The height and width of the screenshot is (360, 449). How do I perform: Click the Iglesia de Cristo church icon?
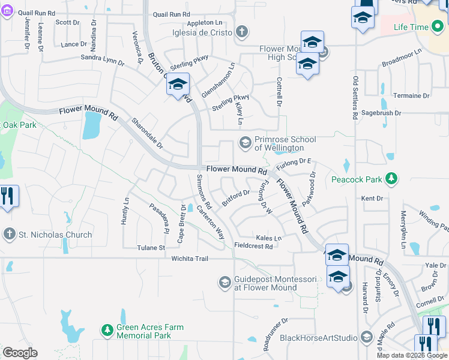coord(241,31)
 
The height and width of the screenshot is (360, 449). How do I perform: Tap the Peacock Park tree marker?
coord(391,179)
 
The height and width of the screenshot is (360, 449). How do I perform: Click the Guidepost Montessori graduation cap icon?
coord(224,282)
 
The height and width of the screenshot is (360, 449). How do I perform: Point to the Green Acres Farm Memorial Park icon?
coord(107,331)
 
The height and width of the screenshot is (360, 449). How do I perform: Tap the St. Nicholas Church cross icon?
coord(10,235)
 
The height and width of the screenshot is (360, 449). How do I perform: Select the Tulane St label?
coord(151,247)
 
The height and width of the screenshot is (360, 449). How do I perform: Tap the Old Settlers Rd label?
coord(355,97)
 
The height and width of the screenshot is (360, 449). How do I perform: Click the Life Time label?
coord(411,28)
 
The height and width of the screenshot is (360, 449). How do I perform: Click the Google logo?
coord(20,353)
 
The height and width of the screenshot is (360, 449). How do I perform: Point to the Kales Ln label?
coord(268,238)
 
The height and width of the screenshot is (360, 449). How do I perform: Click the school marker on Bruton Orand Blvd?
coord(178,84)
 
